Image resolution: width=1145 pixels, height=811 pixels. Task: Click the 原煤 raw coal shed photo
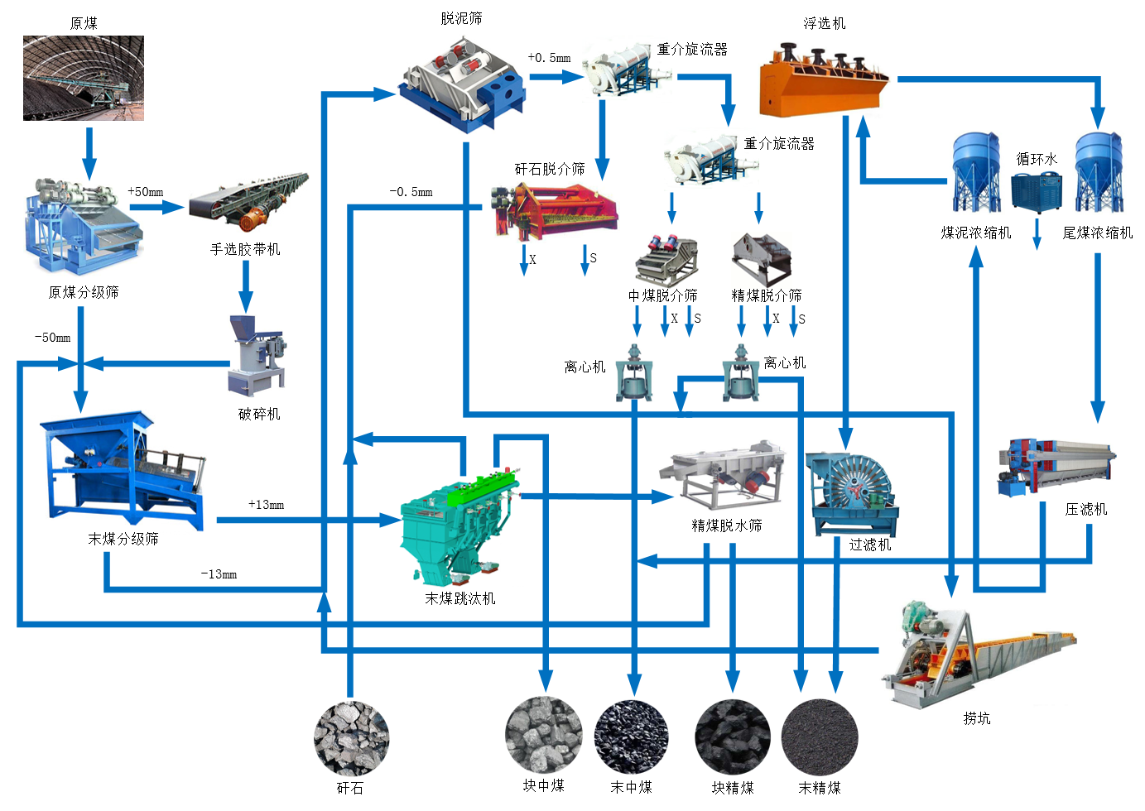(x=84, y=79)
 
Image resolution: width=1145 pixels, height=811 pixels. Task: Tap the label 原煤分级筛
(x=84, y=293)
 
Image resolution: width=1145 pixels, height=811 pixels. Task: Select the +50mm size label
(x=146, y=192)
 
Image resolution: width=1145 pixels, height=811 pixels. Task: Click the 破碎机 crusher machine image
(x=257, y=356)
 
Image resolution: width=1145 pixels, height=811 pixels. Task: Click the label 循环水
(x=1037, y=159)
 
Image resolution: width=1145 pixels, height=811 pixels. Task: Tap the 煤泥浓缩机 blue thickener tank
(x=975, y=174)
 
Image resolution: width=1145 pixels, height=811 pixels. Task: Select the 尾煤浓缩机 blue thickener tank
(x=1098, y=174)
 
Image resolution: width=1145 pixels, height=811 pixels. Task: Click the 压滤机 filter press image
(x=1056, y=467)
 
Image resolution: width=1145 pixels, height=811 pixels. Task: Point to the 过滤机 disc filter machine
(x=853, y=493)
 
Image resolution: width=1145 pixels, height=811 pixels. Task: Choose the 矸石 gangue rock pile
(x=351, y=738)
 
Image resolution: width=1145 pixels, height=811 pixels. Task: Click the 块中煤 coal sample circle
(x=543, y=735)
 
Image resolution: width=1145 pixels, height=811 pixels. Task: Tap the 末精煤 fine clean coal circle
(x=820, y=737)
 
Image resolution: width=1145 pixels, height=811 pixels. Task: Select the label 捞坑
(x=977, y=718)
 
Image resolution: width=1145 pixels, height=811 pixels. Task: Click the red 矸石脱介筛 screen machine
(x=555, y=211)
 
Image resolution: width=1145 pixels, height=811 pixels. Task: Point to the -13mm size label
(x=219, y=574)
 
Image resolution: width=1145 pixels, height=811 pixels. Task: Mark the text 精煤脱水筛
(x=727, y=525)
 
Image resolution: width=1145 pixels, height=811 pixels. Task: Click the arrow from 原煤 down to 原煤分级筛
(x=89, y=154)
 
